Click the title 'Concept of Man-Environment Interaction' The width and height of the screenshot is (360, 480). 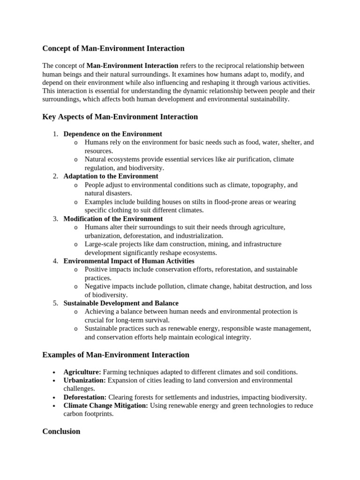tap(113, 48)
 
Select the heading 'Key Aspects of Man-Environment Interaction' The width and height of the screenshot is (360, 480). tap(120, 117)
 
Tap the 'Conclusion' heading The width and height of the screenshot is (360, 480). tap(61, 431)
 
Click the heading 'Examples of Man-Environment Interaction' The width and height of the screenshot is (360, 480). tap(116, 355)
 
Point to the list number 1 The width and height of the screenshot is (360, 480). tap(55, 134)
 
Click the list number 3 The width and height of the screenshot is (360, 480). tap(55, 219)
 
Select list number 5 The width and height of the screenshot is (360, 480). tap(55, 303)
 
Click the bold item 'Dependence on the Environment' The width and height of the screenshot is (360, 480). tap(112, 134)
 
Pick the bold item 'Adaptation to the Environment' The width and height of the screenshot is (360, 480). tap(111, 176)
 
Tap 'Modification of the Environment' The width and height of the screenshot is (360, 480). tap(113, 219)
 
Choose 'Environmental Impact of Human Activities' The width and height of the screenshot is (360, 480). tap(129, 261)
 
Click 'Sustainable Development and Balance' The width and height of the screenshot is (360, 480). tap(121, 303)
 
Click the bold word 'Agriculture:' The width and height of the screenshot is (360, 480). tap(82, 372)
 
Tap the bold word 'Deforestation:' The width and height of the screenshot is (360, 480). tap(85, 397)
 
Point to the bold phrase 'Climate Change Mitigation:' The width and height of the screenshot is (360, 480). tap(105, 406)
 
